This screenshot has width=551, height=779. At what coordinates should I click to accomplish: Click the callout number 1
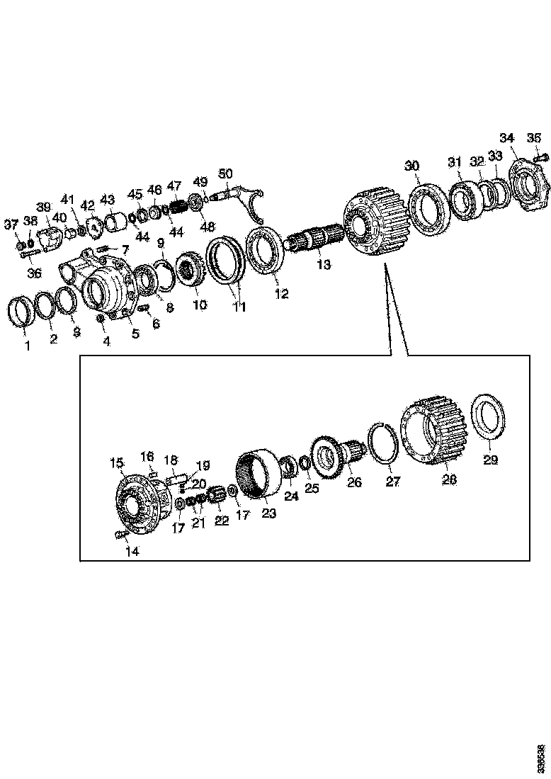pos(27,346)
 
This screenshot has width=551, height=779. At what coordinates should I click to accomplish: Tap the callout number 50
pos(225,174)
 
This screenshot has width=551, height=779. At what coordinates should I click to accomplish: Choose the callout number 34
pos(507,137)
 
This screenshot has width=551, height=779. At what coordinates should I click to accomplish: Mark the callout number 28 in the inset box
pos(449,479)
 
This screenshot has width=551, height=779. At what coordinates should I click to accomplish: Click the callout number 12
pos(282,294)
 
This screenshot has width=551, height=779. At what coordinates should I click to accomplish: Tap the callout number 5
pos(135,334)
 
